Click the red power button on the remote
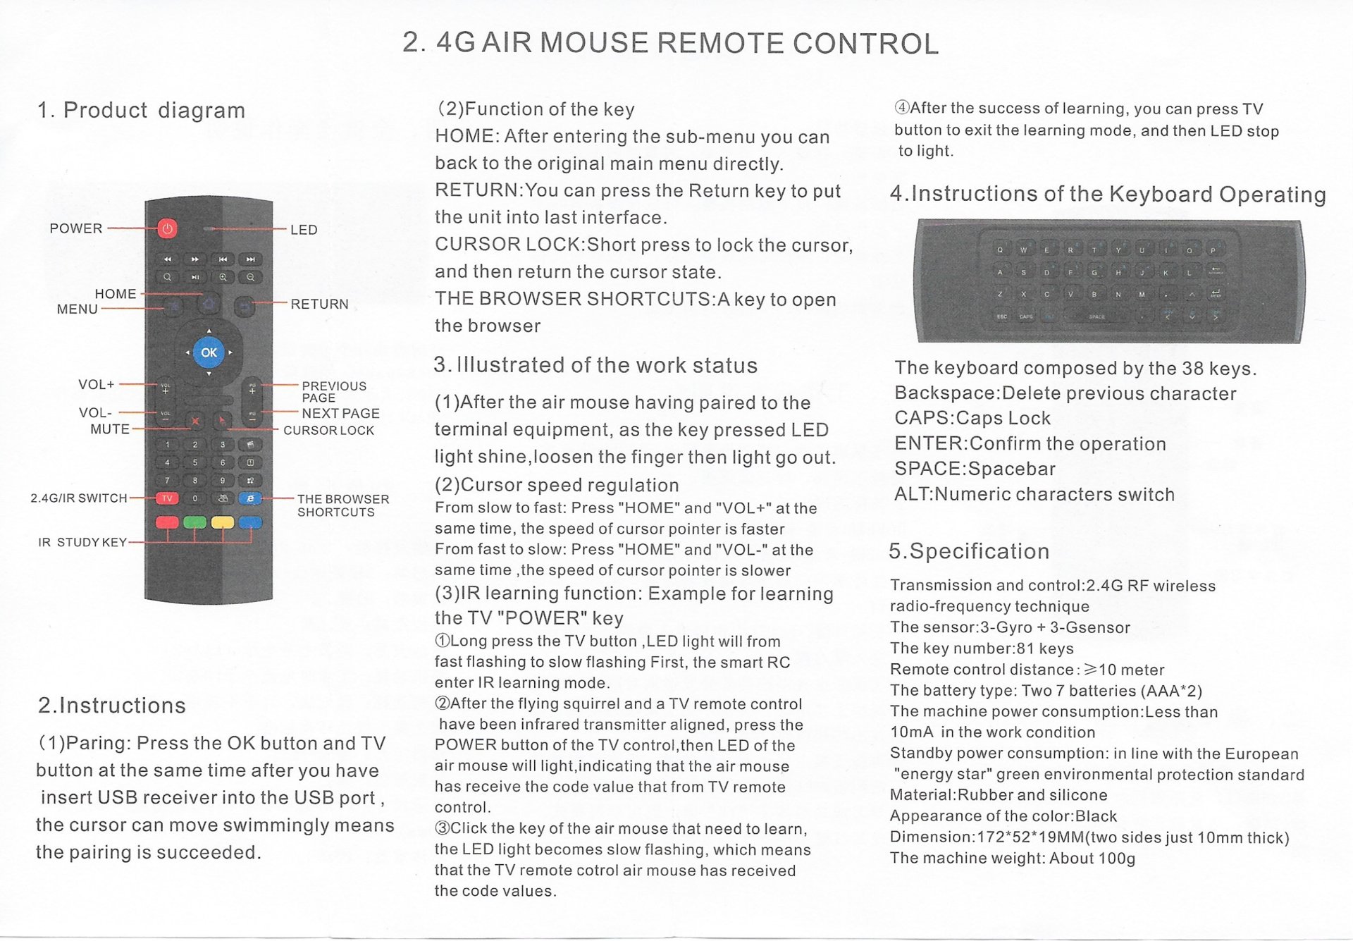[x=167, y=228]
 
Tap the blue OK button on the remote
[x=209, y=352]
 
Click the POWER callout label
[x=76, y=228]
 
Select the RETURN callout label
[x=319, y=304]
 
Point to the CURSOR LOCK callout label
[x=328, y=430]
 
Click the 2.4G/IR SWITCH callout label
[x=79, y=498]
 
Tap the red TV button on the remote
[x=167, y=498]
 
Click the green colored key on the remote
[x=194, y=522]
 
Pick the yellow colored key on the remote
[x=223, y=522]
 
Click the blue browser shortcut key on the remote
[x=250, y=498]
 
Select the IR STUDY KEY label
[x=82, y=542]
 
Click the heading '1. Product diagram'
[x=141, y=110]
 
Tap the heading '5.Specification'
[x=969, y=551]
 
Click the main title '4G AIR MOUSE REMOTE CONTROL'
[x=687, y=44]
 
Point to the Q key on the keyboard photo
[x=1000, y=250]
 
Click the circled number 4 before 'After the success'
[x=901, y=108]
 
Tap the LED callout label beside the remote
[x=304, y=230]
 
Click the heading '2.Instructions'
[x=112, y=706]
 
